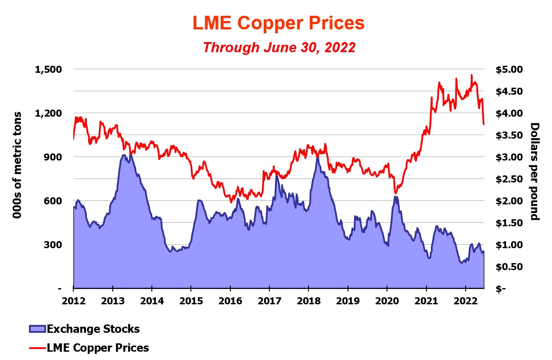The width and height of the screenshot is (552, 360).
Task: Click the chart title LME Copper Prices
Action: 279,23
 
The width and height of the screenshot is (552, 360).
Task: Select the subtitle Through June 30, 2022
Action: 279,47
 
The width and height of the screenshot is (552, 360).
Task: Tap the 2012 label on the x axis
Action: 73,301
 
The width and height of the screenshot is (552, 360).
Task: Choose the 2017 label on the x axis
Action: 269,301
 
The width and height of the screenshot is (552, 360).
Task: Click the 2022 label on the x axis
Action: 465,301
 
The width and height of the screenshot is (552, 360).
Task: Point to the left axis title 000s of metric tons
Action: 18,166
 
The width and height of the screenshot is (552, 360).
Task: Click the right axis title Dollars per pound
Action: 535,171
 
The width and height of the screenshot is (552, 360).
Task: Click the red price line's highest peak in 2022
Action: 472,75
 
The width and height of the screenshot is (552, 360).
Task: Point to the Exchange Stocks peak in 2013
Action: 124,155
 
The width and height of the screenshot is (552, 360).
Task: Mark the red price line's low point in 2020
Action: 396,193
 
